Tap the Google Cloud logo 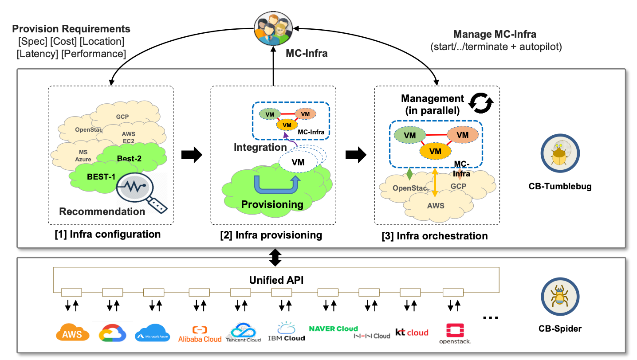[113, 333]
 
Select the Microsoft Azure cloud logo [152, 332]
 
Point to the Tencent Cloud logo [244, 333]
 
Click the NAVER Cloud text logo [333, 329]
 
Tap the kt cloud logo [412, 333]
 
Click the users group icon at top [274, 27]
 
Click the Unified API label [275, 280]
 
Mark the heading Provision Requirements [71, 29]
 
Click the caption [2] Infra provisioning [271, 235]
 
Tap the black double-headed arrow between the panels [276, 258]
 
